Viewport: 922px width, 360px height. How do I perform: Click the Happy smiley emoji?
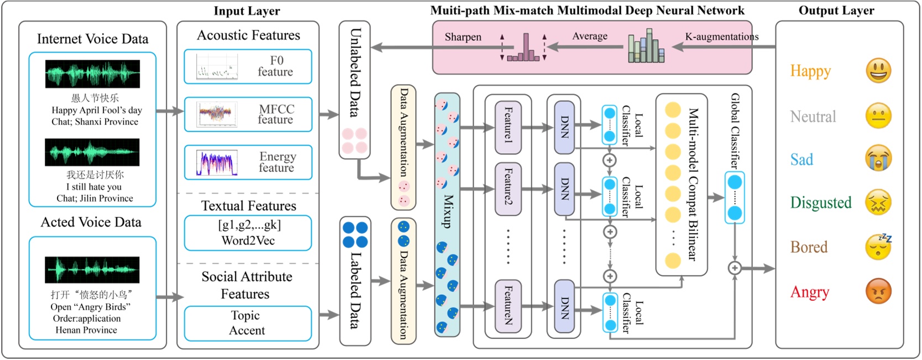tap(878, 71)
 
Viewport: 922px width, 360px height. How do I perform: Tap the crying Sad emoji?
tap(878, 159)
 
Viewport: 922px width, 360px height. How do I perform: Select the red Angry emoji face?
tap(878, 291)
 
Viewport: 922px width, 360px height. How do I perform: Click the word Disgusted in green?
tap(820, 203)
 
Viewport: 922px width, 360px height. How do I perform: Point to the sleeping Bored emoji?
tap(878, 247)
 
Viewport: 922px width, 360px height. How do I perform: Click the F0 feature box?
tap(248, 66)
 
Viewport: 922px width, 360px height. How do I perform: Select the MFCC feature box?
tap(248, 114)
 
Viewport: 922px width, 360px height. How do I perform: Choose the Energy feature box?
tap(248, 162)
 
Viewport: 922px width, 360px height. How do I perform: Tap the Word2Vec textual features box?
tap(248, 233)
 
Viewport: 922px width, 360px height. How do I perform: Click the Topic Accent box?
tap(248, 323)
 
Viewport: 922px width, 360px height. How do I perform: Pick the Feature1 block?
tap(508, 127)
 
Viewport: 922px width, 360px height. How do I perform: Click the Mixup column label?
tap(448, 211)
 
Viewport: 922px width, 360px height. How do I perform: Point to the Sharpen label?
tap(463, 37)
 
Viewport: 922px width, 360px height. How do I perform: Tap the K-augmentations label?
tap(721, 36)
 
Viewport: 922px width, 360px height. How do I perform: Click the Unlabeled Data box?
tap(354, 88)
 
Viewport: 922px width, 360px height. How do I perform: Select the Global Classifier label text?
tap(735, 131)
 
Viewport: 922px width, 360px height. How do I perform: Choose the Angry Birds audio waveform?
tap(92, 270)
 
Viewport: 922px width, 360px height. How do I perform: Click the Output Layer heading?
tap(836, 11)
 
